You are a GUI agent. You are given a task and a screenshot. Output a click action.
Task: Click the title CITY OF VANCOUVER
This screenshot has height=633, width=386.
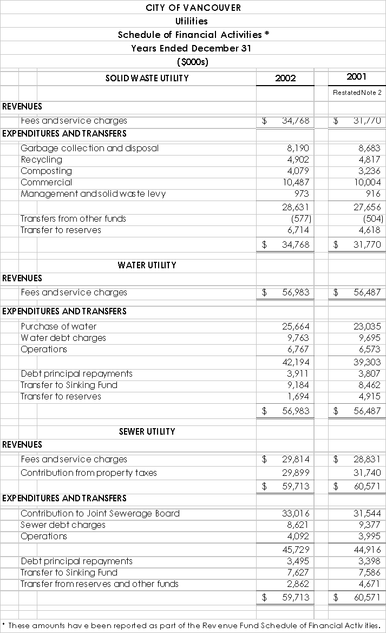[x=193, y=8]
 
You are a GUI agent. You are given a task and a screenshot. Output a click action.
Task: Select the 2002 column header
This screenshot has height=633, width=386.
[x=285, y=78]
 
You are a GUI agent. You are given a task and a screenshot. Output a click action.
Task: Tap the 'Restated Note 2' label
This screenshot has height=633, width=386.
[x=357, y=93]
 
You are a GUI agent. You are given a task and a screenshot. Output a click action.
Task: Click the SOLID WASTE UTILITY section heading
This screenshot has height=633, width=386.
[x=147, y=78]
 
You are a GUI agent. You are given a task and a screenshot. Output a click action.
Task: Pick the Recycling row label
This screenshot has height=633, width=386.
[x=41, y=159]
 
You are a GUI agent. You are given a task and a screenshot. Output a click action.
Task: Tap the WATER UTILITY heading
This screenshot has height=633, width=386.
[x=147, y=265]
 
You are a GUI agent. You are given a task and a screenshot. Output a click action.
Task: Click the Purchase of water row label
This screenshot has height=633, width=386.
[x=58, y=326]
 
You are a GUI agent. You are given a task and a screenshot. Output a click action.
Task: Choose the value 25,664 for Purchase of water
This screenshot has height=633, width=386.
[x=296, y=326]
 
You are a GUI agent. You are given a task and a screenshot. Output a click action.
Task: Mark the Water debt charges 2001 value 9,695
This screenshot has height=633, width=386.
[x=369, y=338]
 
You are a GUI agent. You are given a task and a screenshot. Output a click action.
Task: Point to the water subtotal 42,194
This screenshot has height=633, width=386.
[x=296, y=362]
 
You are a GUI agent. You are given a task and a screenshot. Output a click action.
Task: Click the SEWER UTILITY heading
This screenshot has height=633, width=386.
[x=147, y=431]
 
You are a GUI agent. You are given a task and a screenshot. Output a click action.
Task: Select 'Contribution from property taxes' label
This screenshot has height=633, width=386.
[x=89, y=473]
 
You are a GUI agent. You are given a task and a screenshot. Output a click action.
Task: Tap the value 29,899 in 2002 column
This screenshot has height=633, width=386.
[x=296, y=473]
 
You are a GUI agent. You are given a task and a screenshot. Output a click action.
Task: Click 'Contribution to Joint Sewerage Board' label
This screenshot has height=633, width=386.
[x=100, y=513]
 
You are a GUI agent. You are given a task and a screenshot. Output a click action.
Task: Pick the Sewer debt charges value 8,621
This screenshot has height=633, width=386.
[x=297, y=525]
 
